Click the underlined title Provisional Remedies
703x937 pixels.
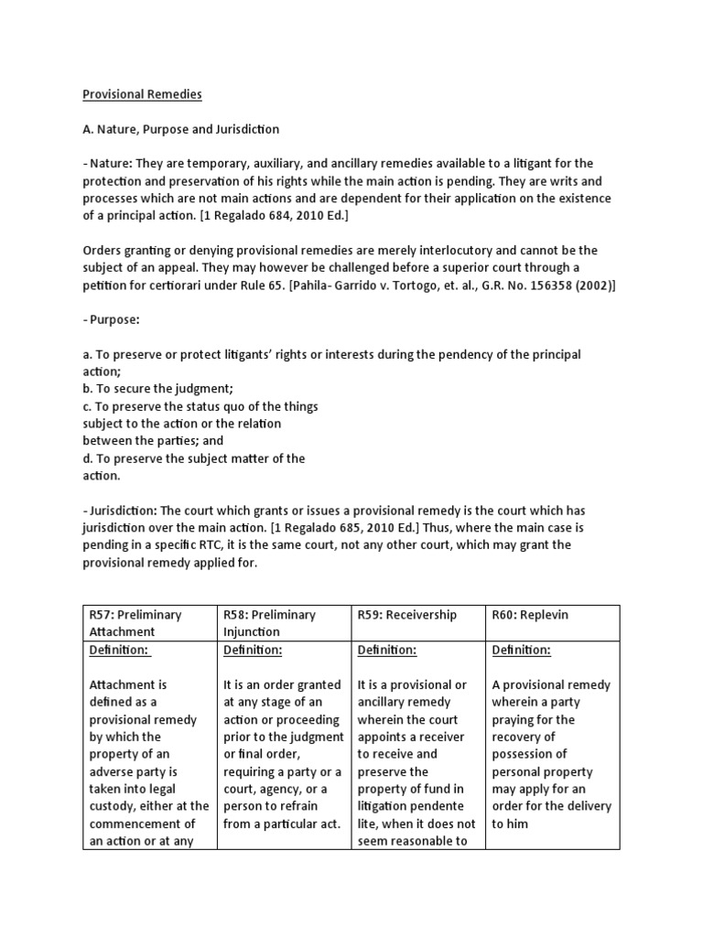coord(142,94)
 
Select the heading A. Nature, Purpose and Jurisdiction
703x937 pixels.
coord(181,129)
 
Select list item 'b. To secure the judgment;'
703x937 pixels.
coord(161,389)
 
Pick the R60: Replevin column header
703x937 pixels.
coord(530,614)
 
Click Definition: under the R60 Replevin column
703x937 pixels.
coord(521,650)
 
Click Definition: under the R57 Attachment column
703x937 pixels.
coord(119,650)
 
